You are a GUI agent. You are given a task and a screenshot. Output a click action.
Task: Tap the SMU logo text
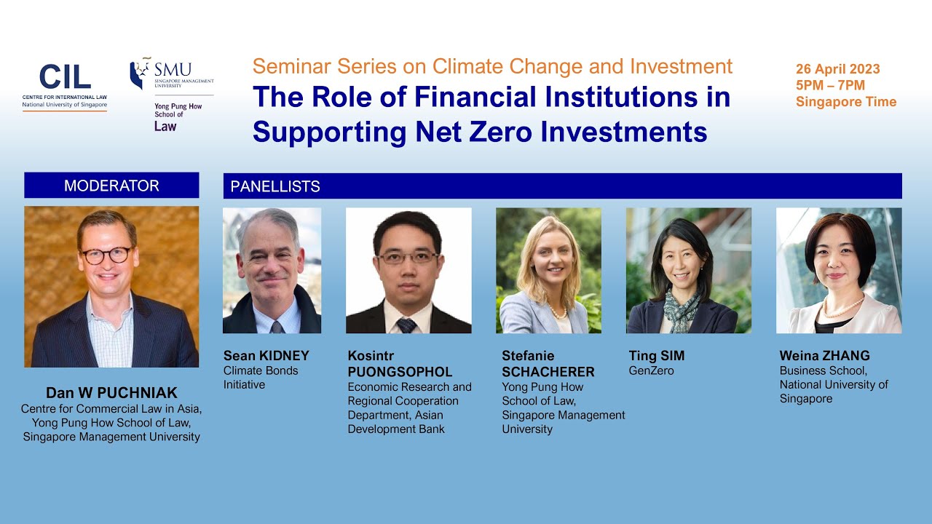[x=173, y=70]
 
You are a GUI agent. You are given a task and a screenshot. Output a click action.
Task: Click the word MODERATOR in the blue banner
[x=111, y=186]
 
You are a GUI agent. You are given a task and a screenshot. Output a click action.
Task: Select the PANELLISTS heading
[x=275, y=186]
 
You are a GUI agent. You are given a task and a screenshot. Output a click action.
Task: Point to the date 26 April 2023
[x=837, y=69]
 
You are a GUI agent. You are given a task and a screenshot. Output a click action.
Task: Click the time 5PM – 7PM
[x=830, y=85]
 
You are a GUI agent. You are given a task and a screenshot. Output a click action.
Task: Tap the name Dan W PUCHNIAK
[x=111, y=394]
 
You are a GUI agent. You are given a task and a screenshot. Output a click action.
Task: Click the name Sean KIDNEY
[x=266, y=356]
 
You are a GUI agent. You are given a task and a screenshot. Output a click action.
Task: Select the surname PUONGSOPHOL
[x=400, y=372]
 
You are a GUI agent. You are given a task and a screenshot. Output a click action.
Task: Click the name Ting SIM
[x=656, y=356]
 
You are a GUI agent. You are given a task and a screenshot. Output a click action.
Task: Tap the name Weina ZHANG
[x=824, y=356]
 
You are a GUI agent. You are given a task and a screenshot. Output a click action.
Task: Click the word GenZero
[x=651, y=371]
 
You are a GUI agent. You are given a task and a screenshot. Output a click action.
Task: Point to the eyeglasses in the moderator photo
[x=106, y=255]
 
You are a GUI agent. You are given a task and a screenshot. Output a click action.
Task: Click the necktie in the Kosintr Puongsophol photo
[x=406, y=325]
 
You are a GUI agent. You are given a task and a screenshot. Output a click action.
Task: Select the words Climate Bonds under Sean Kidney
[x=260, y=370]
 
